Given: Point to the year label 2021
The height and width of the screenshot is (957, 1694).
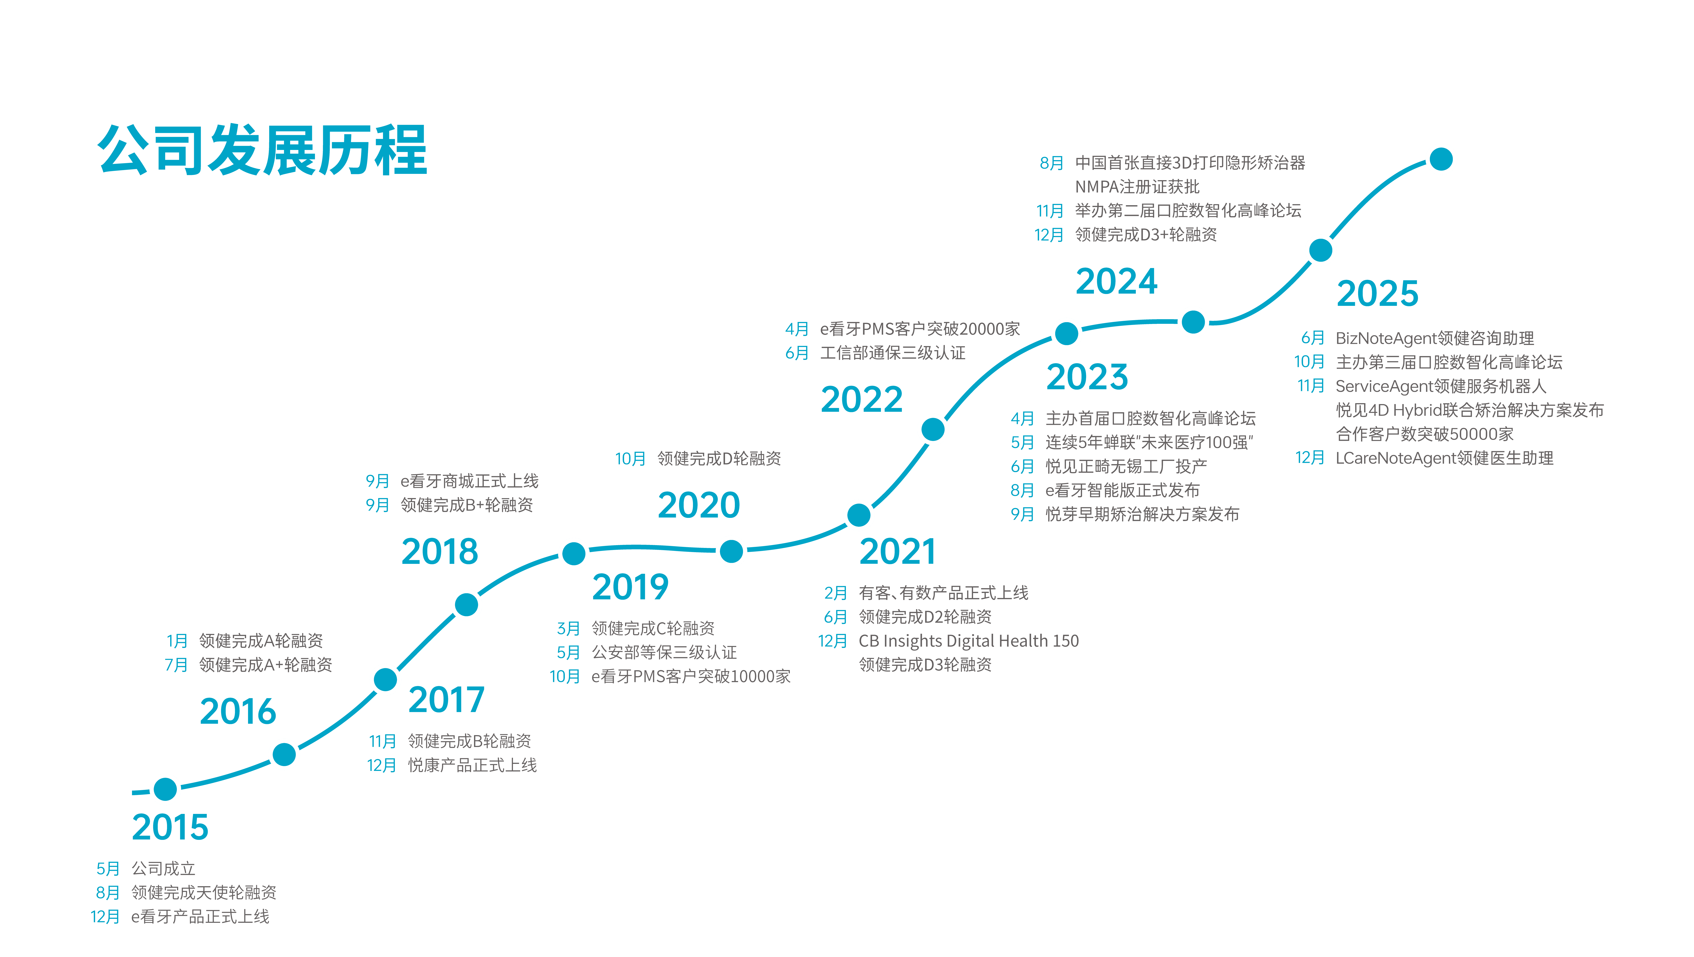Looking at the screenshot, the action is (x=897, y=551).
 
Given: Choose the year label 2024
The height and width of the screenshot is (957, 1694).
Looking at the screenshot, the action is (x=1117, y=282).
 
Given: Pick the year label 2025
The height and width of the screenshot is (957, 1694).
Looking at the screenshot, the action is (x=1378, y=293).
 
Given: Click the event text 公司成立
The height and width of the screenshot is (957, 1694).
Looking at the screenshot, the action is (x=164, y=868).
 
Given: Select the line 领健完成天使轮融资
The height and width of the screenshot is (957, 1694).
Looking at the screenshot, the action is (x=204, y=892).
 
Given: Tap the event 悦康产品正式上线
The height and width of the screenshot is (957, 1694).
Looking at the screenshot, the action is (x=472, y=765).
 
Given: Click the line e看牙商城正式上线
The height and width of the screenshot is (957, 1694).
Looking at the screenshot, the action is (x=470, y=481).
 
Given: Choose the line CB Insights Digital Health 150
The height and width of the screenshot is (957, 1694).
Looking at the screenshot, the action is (x=969, y=641).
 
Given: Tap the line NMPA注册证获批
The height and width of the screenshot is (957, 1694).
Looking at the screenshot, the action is (x=1137, y=187).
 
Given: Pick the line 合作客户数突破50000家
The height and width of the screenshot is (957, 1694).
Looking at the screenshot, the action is (x=1424, y=434).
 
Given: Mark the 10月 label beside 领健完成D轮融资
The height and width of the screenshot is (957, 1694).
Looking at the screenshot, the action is (x=630, y=458).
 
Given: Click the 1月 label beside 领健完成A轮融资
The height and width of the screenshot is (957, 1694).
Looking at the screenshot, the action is (x=177, y=641).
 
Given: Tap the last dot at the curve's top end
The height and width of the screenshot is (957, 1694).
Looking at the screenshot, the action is (x=1441, y=159).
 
